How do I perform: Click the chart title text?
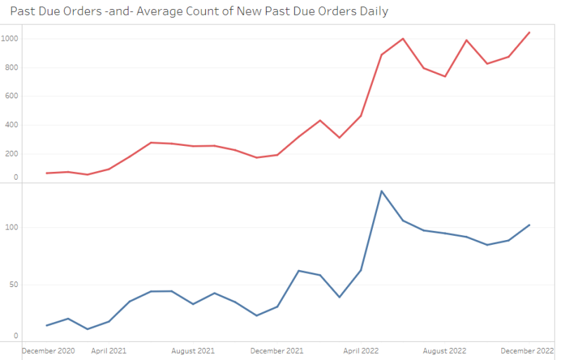pos(199,11)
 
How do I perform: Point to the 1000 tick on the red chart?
pos(11,39)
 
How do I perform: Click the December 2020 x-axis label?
pos(48,350)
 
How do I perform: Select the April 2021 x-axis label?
pos(109,350)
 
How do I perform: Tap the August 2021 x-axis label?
pos(193,350)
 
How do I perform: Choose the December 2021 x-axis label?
pos(277,350)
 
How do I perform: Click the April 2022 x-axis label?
pos(361,350)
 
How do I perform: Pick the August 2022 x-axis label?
pos(445,350)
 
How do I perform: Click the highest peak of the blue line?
pos(381,191)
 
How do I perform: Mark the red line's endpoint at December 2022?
pos(529,32)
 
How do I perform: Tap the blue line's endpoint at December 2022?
pos(529,225)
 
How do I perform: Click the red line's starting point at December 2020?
pos(46,173)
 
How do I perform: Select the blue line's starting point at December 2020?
pos(46,326)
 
